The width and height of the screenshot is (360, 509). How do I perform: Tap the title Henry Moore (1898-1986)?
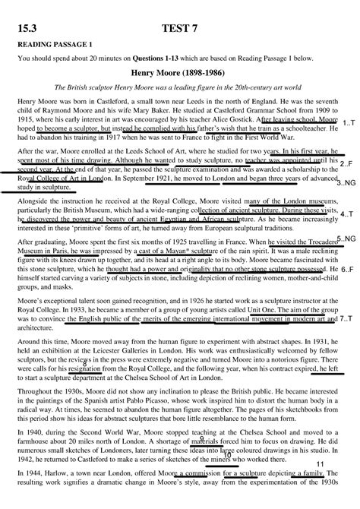pyautogui.click(x=179, y=72)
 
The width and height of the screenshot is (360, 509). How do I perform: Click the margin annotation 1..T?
pyautogui.click(x=349, y=122)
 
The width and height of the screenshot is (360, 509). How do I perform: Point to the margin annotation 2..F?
pyautogui.click(x=346, y=164)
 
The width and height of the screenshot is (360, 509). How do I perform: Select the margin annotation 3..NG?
pyautogui.click(x=346, y=183)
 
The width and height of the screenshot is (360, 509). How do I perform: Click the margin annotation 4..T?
pyautogui.click(x=346, y=215)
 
